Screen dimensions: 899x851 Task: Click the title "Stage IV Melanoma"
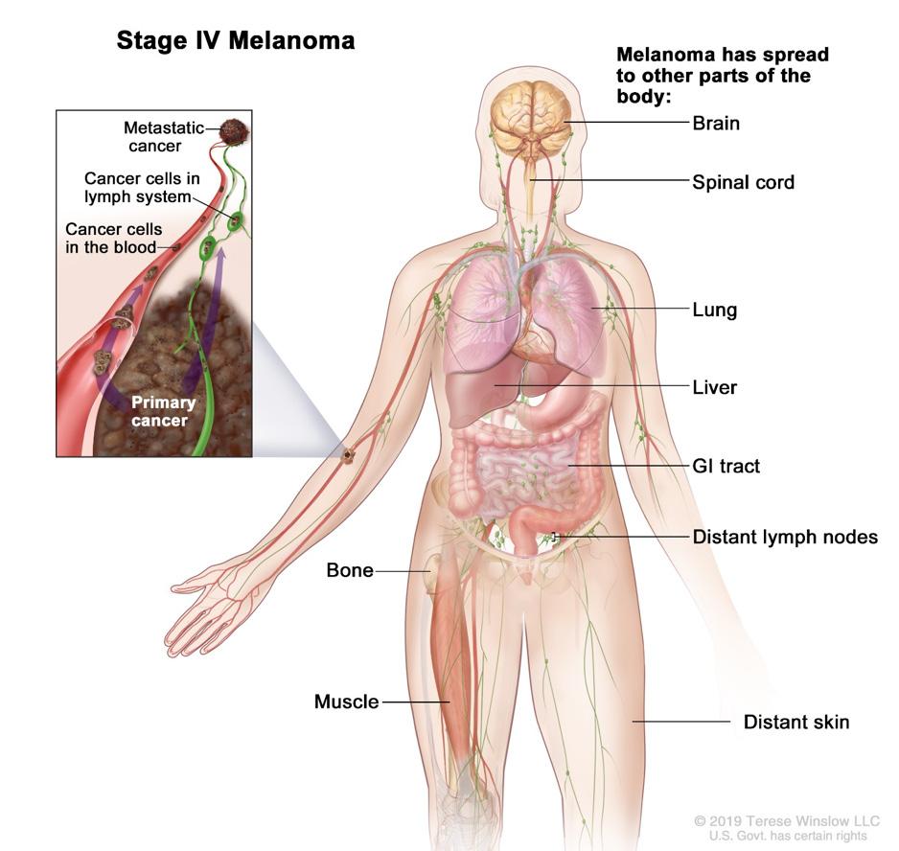tap(236, 40)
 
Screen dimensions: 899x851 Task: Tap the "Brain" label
tap(716, 124)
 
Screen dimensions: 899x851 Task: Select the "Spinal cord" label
tap(743, 181)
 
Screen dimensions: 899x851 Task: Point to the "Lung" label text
tap(714, 310)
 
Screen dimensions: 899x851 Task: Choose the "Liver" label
tap(714, 388)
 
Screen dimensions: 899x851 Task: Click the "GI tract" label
tap(726, 466)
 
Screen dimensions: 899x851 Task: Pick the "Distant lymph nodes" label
tap(785, 537)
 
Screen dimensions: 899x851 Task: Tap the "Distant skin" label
tap(795, 722)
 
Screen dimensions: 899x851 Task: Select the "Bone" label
tap(350, 570)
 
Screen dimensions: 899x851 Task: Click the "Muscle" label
tap(347, 702)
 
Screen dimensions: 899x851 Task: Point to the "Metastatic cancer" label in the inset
tap(154, 137)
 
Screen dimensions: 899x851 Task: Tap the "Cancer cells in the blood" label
tap(113, 239)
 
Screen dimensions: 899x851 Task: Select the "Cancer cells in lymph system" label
tap(141, 188)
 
